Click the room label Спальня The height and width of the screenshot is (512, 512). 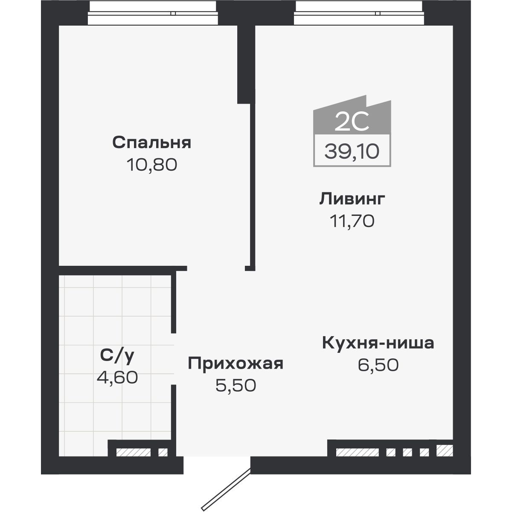point(151,143)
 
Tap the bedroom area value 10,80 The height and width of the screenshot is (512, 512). point(151,165)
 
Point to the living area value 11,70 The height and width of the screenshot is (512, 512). point(352,221)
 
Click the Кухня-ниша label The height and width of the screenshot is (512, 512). point(378,343)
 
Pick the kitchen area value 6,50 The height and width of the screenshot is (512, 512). point(378,365)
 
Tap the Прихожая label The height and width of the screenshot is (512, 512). point(236,364)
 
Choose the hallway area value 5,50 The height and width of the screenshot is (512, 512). point(236,386)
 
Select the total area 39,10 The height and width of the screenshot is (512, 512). point(352,150)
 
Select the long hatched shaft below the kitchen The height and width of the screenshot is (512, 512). point(357,451)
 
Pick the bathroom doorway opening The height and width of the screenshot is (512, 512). point(174,358)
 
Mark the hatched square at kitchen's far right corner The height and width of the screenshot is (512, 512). point(444,450)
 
